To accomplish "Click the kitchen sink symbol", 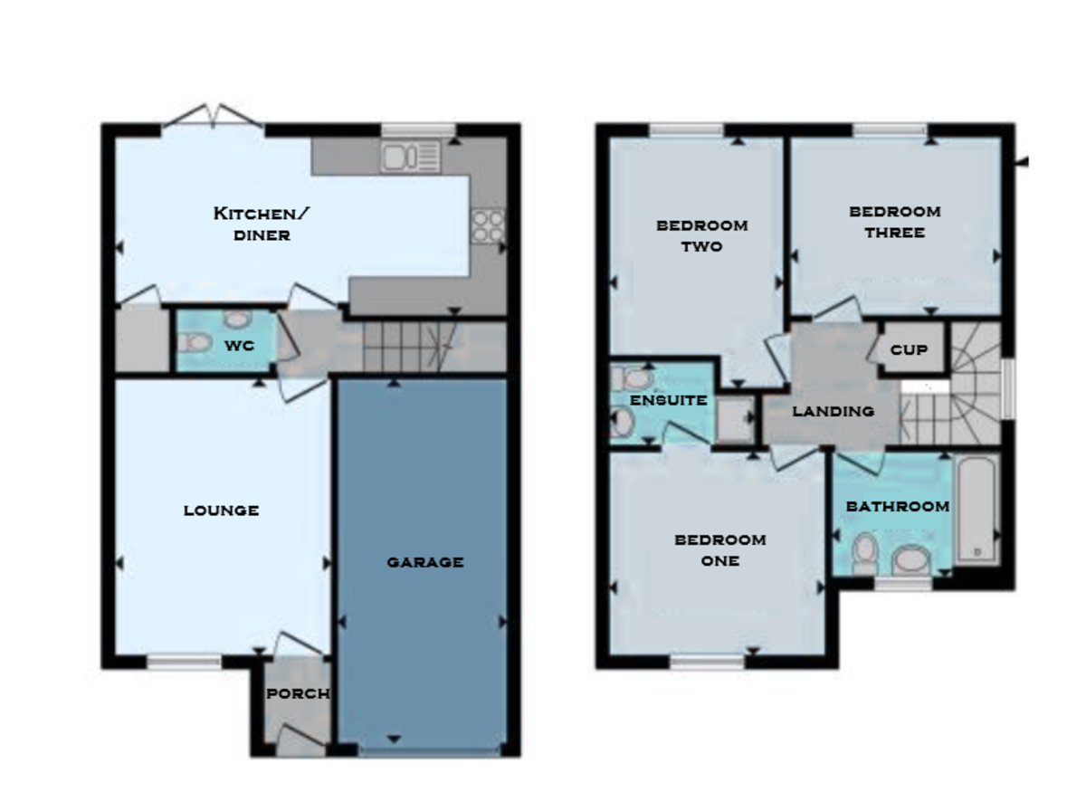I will click(411, 157).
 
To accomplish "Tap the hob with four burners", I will click(487, 225).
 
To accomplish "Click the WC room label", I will click(239, 346).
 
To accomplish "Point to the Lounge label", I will click(222, 511).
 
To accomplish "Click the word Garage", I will click(425, 562).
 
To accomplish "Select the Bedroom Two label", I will click(702, 235).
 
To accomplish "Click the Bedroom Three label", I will click(894, 222).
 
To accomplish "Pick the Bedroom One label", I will click(720, 549).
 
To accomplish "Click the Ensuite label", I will click(668, 400).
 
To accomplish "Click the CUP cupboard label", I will click(908, 349).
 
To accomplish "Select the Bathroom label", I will click(897, 507).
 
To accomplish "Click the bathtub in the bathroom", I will click(976, 510).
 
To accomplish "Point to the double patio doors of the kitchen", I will click(214, 118).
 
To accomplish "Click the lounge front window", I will click(184, 663).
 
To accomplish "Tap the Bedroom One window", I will click(707, 663).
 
